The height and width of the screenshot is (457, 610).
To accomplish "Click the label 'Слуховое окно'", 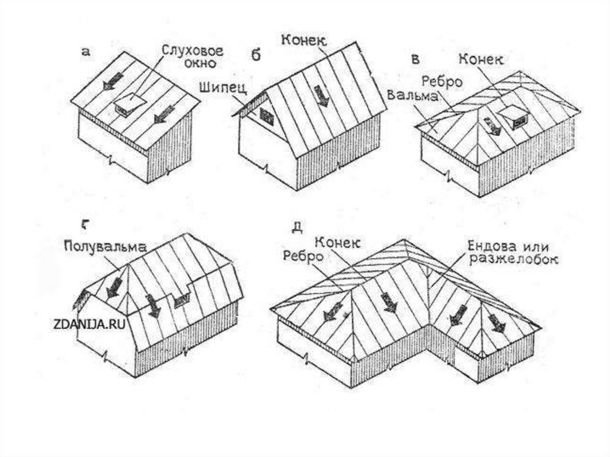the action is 187,55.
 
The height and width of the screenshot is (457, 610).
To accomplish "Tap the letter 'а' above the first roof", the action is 86,52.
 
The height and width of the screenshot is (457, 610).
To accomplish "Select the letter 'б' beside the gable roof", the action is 256,55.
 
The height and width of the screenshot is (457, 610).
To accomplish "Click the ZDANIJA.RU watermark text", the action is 89,324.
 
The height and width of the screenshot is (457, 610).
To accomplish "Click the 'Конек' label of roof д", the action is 337,243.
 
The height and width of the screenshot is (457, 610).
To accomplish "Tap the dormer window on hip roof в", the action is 513,117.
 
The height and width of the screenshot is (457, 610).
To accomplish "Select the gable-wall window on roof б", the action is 265,116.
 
